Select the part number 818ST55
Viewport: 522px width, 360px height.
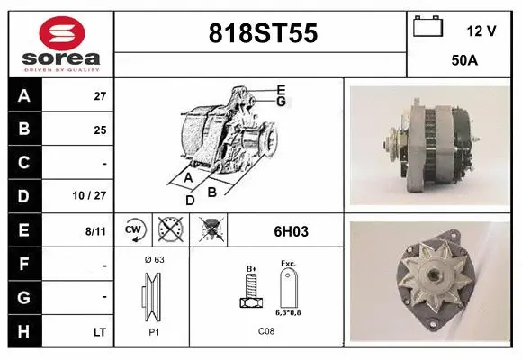[262, 33]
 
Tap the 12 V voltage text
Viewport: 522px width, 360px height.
[481, 31]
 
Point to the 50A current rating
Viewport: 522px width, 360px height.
[464, 61]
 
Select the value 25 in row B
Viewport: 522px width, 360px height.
[100, 129]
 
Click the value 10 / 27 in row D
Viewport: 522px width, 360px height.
[94, 193]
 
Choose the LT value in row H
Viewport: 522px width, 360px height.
[99, 332]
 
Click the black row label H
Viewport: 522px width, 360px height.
[22, 332]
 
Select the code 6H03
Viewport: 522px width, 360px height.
[291, 231]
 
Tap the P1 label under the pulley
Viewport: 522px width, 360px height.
[153, 330]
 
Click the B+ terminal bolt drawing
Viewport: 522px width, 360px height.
[252, 293]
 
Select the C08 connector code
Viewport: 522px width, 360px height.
[266, 330]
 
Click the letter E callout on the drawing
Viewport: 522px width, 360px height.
[281, 90]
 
